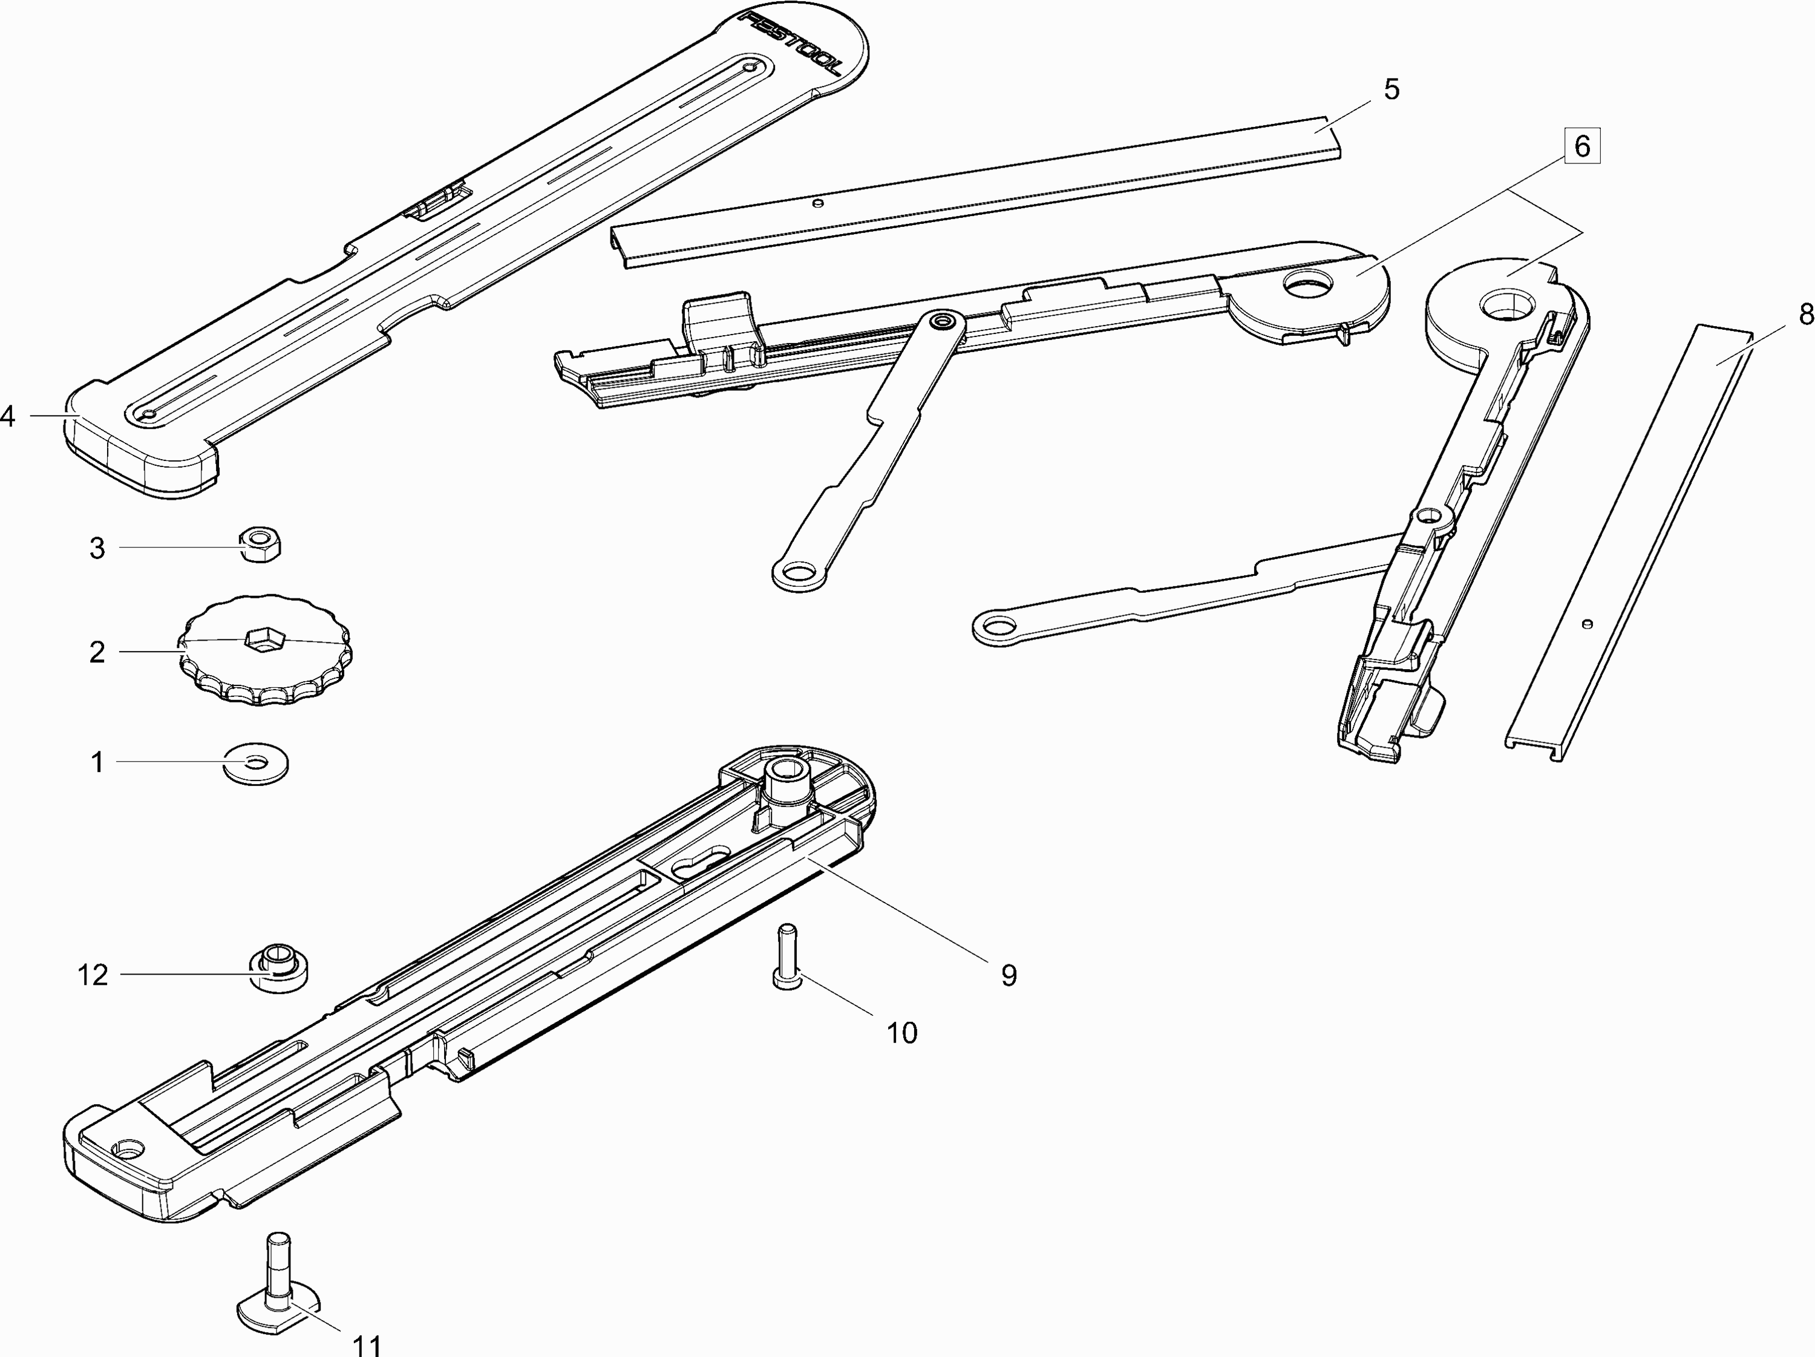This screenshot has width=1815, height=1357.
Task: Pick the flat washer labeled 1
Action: click(x=256, y=764)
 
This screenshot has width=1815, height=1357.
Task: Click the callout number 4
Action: click(x=7, y=417)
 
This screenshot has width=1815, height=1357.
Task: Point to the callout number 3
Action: click(x=97, y=548)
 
